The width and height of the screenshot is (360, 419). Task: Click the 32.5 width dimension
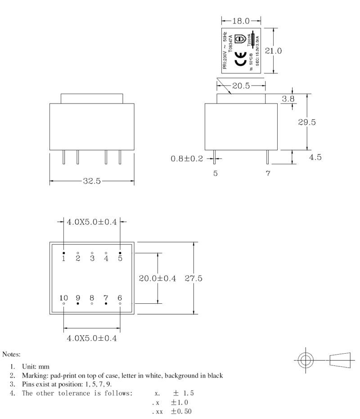92,181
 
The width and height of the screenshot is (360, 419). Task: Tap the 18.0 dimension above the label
241,21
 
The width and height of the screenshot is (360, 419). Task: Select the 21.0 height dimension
273,51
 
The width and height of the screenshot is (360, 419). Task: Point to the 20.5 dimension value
241,86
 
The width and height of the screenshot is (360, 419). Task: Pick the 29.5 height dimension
307,122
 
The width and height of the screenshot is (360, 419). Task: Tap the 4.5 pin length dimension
315,158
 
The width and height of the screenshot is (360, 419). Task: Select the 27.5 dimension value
193,279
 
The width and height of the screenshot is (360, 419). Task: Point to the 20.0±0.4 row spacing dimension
157,279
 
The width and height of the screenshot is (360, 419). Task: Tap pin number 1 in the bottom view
63,258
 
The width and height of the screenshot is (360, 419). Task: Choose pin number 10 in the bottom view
63,297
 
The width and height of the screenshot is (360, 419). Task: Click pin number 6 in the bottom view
120,297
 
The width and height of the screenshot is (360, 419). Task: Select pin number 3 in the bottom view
92,258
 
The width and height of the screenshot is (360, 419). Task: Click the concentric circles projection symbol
306,360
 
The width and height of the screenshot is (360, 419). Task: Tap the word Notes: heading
12,355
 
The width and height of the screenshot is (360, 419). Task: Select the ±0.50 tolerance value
181,410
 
